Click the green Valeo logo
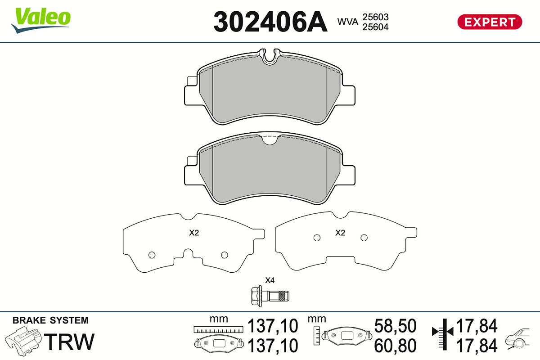(x=41, y=20)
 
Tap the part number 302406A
(x=270, y=22)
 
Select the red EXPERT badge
(x=490, y=22)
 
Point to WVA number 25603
(x=375, y=17)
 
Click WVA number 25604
(x=375, y=27)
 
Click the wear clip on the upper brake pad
(x=270, y=57)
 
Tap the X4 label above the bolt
(x=270, y=280)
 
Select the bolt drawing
(x=270, y=296)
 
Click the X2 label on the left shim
(x=194, y=233)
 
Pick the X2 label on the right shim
(x=340, y=233)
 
